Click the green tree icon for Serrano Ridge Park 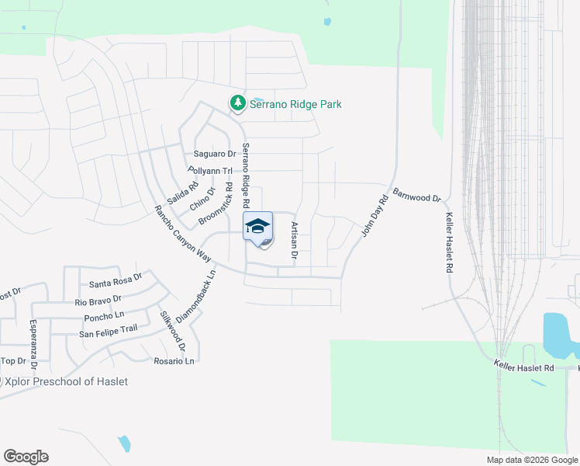[x=236, y=103]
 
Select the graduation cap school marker [x=258, y=226]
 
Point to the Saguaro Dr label [x=215, y=154]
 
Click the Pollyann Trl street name [x=210, y=170]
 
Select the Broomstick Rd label [x=216, y=204]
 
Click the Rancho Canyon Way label [x=182, y=233]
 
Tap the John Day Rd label [x=374, y=216]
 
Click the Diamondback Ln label [x=195, y=297]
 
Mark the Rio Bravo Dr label [x=98, y=300]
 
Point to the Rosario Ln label [x=174, y=361]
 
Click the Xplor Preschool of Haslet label [x=67, y=381]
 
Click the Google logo [x=26, y=457]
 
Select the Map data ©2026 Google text [x=531, y=460]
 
